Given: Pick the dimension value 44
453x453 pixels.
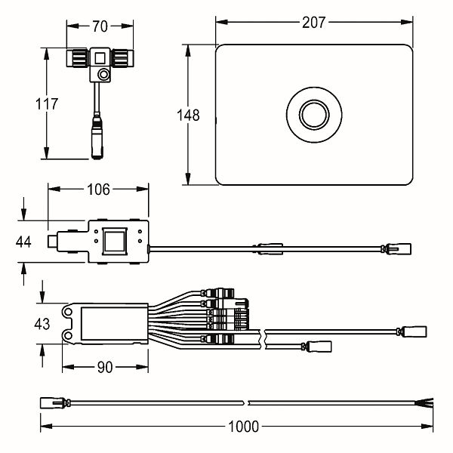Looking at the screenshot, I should click(23, 242).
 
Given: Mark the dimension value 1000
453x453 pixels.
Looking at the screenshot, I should click(242, 427).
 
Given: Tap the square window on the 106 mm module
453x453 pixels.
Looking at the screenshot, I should click(116, 242).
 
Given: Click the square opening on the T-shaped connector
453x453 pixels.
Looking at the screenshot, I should click(100, 57).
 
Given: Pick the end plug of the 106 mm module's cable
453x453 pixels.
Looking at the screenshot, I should click(398, 247).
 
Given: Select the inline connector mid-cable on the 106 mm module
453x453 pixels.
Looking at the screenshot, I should click(270, 246).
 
